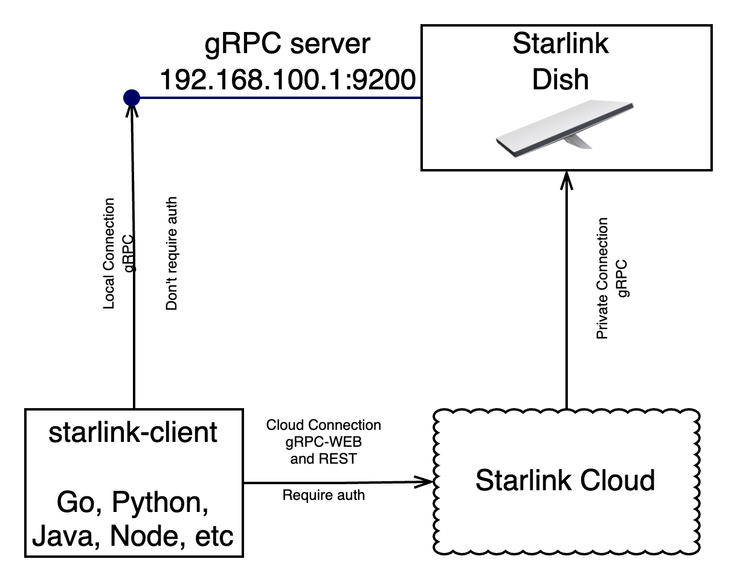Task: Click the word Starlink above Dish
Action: coord(561,44)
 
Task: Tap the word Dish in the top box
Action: coord(561,80)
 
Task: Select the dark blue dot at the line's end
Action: coord(132,98)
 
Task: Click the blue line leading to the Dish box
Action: coord(278,98)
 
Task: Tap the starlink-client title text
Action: coord(133,433)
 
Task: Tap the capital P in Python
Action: coord(120,502)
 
